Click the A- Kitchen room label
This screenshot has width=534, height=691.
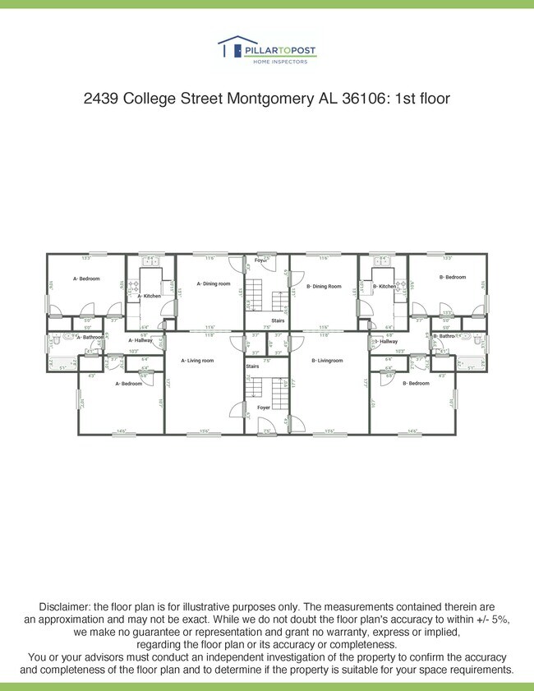[149, 296]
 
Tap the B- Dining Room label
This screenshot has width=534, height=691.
[324, 286]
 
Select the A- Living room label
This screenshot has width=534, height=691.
[197, 360]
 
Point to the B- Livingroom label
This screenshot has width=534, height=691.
[327, 360]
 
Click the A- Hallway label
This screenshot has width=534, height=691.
[140, 340]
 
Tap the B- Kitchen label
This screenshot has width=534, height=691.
[384, 286]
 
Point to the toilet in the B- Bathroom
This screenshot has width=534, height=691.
[476, 337]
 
